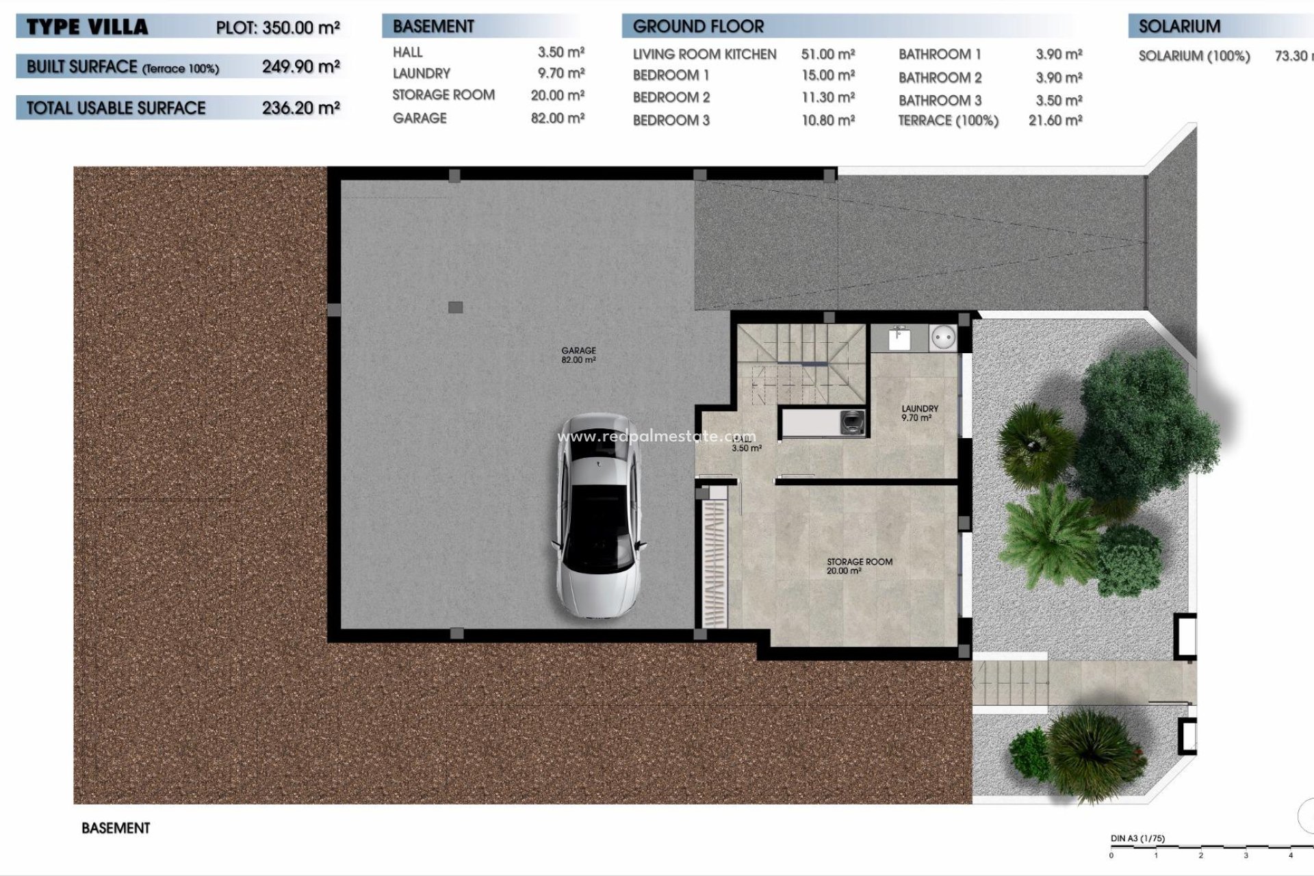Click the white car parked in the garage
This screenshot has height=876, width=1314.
tap(599, 517)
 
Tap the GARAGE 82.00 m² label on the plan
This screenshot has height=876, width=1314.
tap(578, 355)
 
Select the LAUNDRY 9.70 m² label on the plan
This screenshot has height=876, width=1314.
tap(919, 413)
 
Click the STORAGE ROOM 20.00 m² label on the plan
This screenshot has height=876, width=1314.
tap(859, 565)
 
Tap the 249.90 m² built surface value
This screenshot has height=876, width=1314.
tap(300, 66)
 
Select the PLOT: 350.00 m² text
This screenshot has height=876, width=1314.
tap(278, 28)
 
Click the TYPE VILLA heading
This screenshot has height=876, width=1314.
tap(87, 27)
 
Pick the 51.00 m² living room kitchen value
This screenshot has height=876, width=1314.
tap(828, 54)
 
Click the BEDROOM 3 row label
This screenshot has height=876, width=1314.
tap(671, 120)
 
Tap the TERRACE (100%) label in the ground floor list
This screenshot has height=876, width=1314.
tap(948, 120)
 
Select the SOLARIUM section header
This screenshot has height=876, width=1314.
tap(1179, 27)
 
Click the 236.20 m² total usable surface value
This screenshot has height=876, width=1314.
tap(300, 107)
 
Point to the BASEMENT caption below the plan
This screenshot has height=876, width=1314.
tap(116, 828)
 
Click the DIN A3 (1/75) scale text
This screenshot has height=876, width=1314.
tap(1137, 838)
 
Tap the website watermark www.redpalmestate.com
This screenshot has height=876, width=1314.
tap(656, 437)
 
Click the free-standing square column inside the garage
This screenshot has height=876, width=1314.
tap(455, 307)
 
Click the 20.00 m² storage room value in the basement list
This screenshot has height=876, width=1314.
tap(557, 95)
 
